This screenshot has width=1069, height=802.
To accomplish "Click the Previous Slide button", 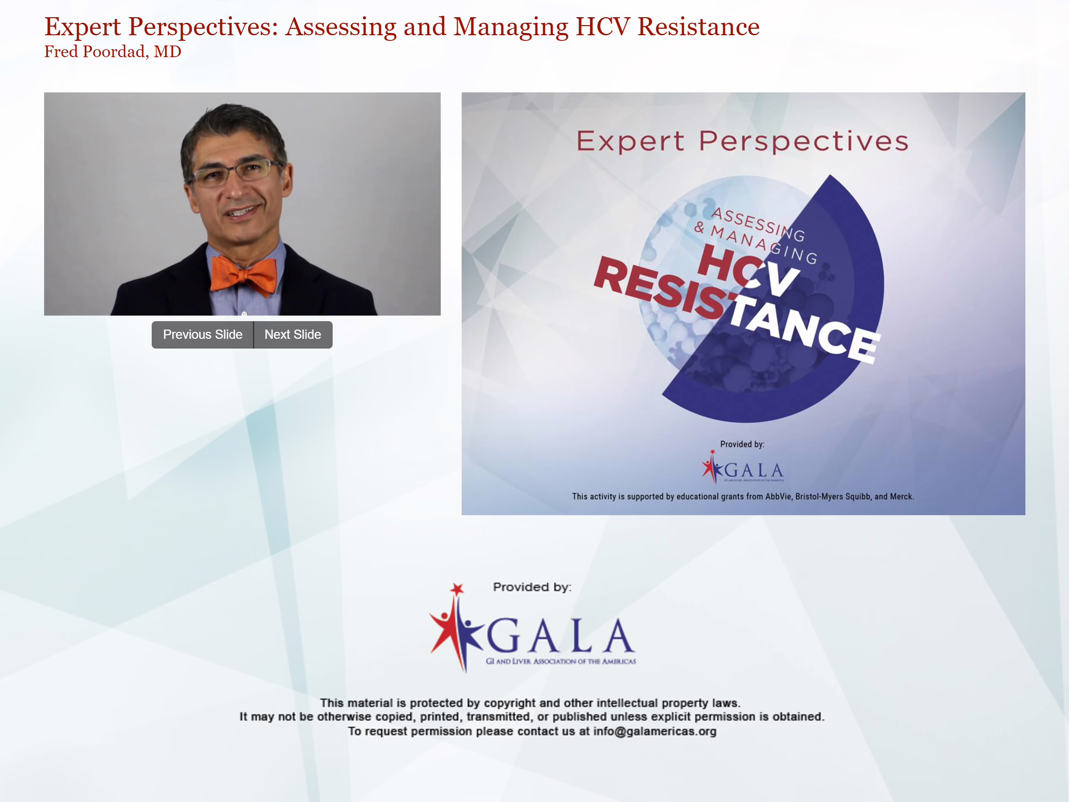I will pos(202,335).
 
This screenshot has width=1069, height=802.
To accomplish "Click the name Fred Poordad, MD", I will pos(113,51).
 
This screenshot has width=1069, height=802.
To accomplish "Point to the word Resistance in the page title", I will pos(698,26).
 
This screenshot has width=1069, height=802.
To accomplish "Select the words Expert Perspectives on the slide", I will pos(742,141).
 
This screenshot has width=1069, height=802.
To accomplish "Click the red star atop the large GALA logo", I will pos(457,589).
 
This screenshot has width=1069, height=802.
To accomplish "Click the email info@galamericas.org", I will pos(655,731).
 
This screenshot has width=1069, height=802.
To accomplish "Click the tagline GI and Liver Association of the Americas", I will pos(560,661).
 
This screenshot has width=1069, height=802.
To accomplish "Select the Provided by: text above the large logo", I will pos(532,587).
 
